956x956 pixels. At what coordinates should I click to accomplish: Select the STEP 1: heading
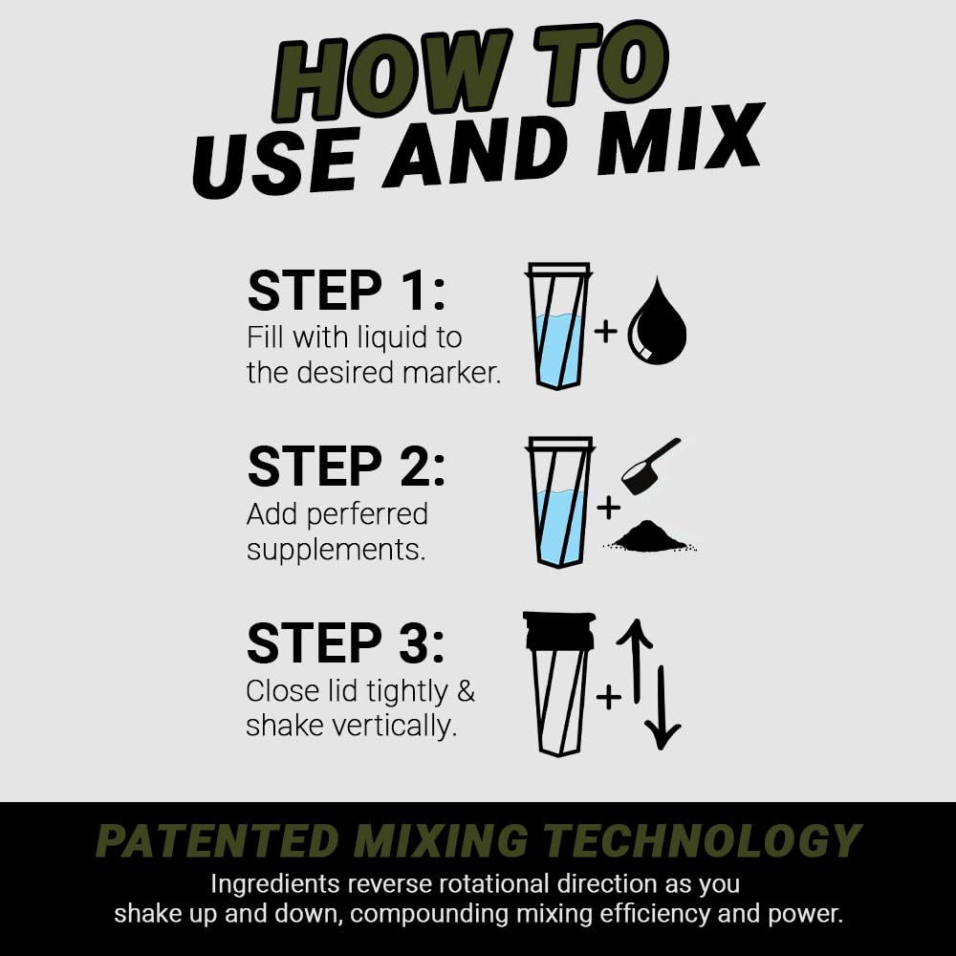pos(346,291)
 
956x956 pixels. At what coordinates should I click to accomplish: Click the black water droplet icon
pos(657,322)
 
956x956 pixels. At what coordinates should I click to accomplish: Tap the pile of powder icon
pos(649,537)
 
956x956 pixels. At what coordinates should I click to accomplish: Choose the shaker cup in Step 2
pos(559,502)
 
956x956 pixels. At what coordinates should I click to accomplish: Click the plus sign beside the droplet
pos(606,331)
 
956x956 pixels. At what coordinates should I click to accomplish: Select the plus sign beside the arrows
pos(607,697)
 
